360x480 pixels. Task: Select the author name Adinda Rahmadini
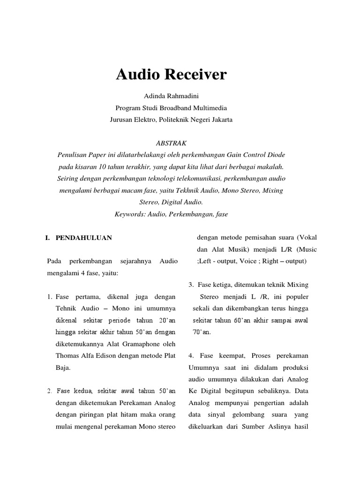(171, 97)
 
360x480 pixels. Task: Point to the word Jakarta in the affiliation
(217, 119)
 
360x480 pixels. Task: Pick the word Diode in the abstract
(275, 154)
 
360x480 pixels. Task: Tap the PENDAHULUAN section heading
(84, 238)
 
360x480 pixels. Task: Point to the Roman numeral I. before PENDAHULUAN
(47, 238)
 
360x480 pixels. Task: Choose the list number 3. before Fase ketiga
(191, 285)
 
